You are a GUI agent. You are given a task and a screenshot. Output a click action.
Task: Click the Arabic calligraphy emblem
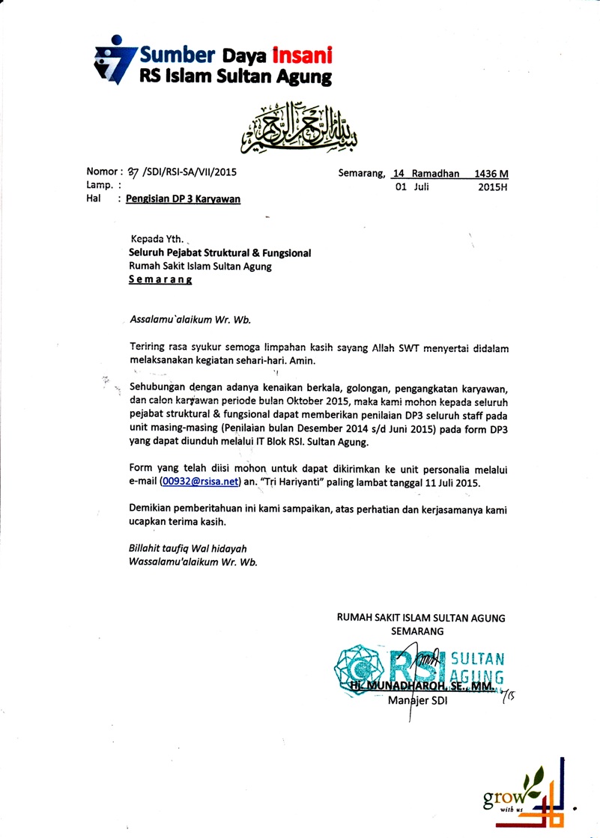click(306, 125)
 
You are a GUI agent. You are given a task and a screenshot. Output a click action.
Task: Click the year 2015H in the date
click(493, 187)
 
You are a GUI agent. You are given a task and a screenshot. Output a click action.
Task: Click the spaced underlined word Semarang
click(160, 279)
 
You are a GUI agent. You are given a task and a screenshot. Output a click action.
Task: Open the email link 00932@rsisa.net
click(199, 483)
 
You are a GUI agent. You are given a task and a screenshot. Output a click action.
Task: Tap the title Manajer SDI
click(417, 702)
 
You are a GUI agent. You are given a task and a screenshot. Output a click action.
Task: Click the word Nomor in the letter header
click(103, 173)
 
